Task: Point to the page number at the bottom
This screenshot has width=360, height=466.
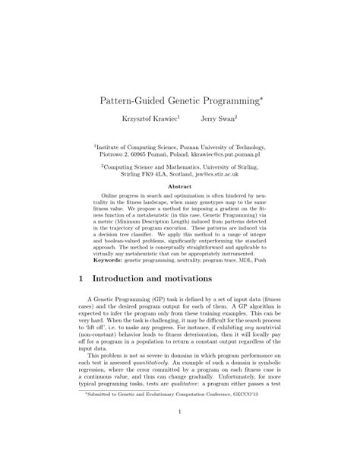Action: (x=180, y=434)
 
